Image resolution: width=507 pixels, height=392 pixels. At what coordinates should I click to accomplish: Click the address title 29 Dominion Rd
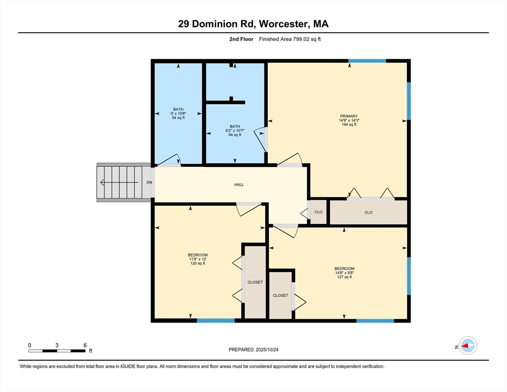coord(253,23)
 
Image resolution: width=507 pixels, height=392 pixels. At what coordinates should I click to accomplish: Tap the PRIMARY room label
coord(349,116)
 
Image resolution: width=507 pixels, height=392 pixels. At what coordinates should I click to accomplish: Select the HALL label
coord(239,185)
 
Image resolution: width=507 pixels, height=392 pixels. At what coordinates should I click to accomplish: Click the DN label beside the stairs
coord(149,183)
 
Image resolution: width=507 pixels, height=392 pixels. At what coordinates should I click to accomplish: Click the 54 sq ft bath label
coord(178,117)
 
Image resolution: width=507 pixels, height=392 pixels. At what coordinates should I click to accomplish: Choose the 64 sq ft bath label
coord(235,135)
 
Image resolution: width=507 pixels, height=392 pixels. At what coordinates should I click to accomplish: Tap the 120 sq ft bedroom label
coord(197,263)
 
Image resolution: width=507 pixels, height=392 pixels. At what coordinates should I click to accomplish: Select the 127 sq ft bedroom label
coord(344,277)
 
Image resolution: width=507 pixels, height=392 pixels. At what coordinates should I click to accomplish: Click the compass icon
coord(467,346)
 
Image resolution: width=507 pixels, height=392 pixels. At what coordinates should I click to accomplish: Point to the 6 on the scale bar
coord(85,345)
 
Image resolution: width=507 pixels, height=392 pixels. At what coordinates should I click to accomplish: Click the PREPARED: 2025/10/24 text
coord(253,350)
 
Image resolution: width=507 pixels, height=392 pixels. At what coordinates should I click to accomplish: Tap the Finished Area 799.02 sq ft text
coord(290,39)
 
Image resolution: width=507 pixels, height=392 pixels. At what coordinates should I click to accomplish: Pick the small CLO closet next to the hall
coord(318,212)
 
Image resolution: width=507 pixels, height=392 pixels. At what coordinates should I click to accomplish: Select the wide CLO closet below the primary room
coord(368,212)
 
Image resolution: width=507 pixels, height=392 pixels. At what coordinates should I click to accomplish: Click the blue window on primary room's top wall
coord(367,61)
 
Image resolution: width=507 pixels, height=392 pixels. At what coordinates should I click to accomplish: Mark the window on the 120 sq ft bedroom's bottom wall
coord(216,321)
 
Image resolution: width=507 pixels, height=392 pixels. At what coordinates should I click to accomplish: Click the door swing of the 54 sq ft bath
coord(168,160)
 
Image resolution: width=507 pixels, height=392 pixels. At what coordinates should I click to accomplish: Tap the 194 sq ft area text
coord(349,125)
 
